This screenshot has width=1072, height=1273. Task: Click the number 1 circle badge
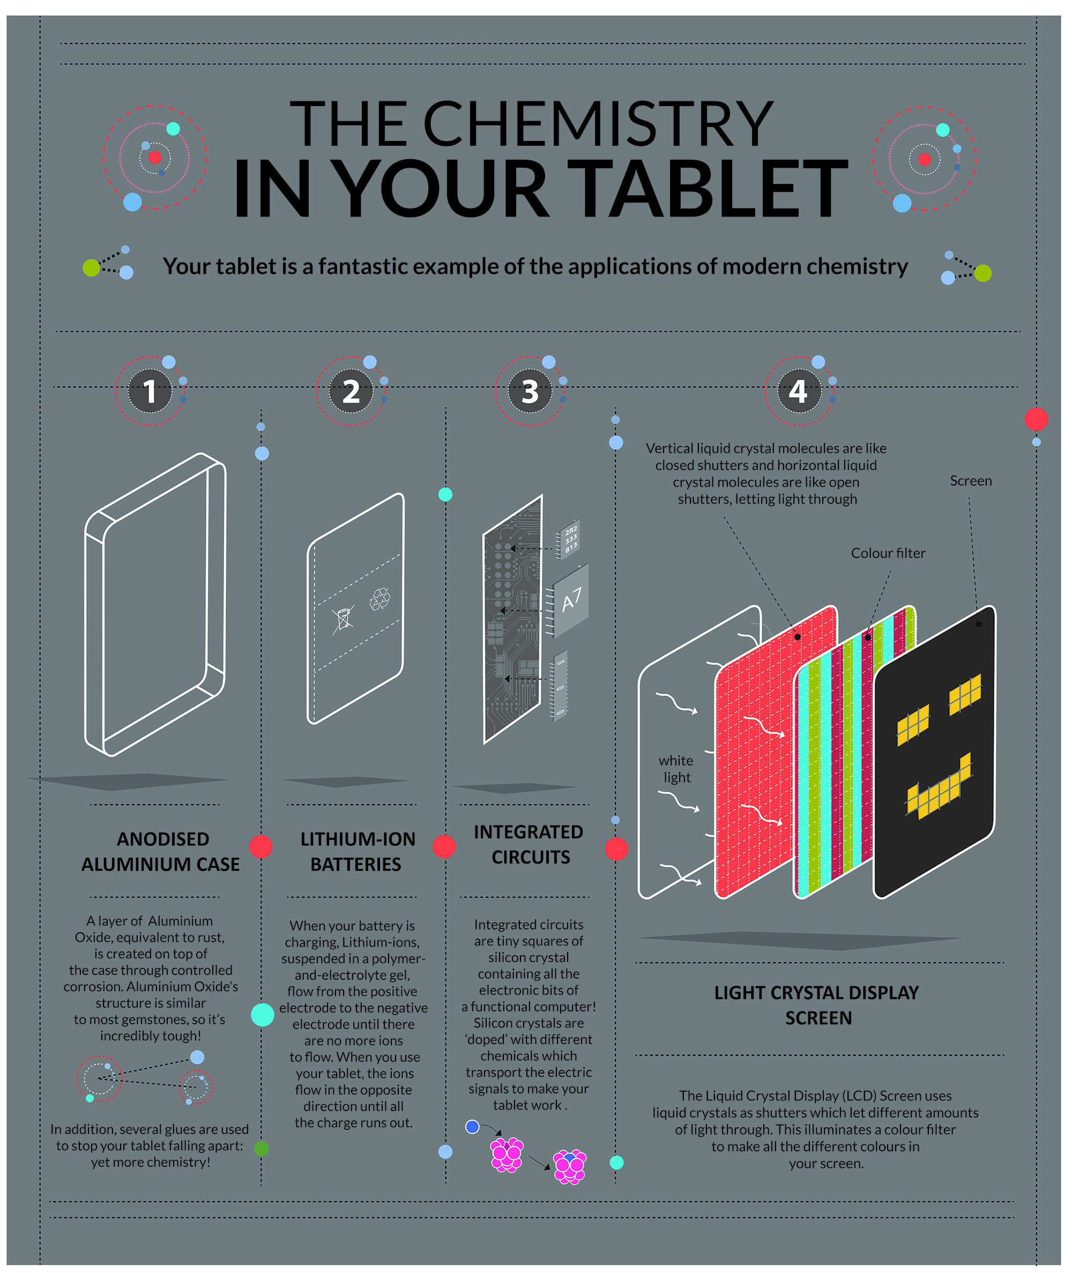click(x=150, y=391)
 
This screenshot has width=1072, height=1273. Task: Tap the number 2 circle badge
click(x=351, y=391)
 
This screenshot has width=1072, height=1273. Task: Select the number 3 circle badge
click(x=530, y=391)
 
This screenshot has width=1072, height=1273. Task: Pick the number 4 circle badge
click(x=799, y=391)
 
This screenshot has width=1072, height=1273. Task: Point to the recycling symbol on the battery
click(x=381, y=599)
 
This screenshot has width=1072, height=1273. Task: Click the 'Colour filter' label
click(x=888, y=554)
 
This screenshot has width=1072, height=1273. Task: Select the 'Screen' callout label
click(x=971, y=481)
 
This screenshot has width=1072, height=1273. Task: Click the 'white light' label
click(x=676, y=769)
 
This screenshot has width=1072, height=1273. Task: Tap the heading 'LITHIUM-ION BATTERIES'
click(x=358, y=852)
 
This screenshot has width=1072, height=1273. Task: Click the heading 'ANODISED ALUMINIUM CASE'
click(x=161, y=852)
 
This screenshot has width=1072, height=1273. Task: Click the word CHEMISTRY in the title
click(x=598, y=124)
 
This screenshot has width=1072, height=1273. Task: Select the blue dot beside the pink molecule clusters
click(x=472, y=1127)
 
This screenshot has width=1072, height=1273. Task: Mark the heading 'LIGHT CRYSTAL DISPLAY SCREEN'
click(x=817, y=1006)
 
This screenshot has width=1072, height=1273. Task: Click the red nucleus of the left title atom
click(x=155, y=158)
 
